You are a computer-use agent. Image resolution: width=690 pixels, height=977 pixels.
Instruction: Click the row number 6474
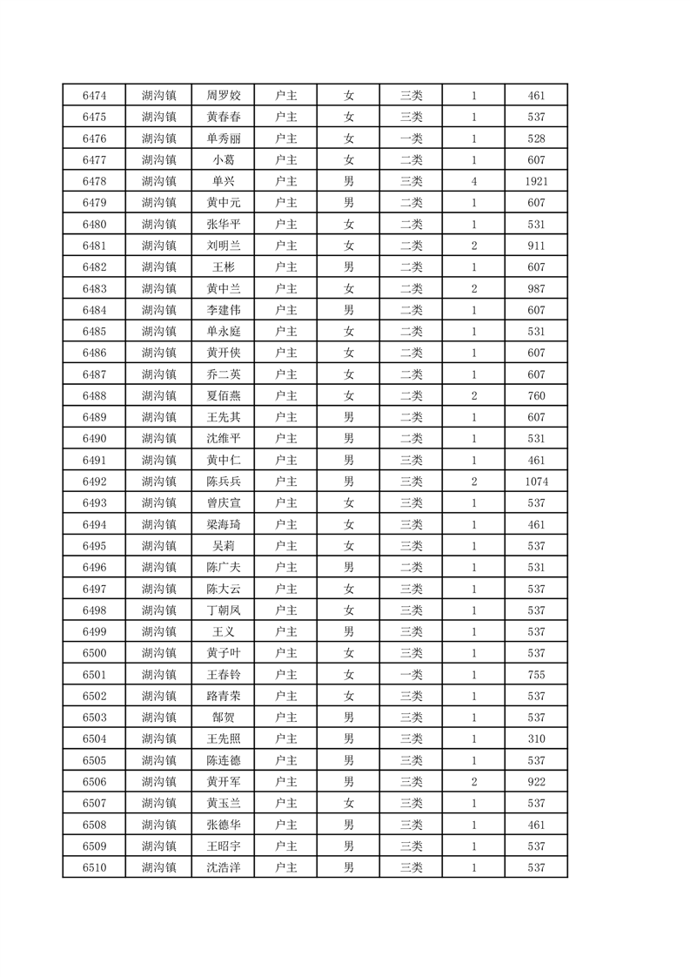tap(94, 96)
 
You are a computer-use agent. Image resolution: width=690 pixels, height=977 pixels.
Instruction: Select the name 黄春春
tap(224, 117)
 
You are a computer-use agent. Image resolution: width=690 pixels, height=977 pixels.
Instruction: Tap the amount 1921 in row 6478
tap(536, 181)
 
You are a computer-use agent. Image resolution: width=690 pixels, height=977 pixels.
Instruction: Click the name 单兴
tap(224, 181)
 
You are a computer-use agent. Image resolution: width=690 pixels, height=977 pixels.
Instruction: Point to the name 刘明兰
tap(224, 246)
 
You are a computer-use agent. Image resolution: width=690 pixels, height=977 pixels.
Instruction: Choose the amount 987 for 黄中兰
tap(536, 288)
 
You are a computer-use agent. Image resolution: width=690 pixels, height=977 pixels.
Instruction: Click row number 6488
tap(94, 395)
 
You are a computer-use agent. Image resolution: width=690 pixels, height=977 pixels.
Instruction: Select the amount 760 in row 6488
tap(536, 395)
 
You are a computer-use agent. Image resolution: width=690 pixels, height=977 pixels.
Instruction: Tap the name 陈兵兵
tap(224, 482)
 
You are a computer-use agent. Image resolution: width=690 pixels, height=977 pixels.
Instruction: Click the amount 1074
tap(536, 482)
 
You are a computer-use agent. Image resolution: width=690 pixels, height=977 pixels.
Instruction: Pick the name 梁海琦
tap(224, 524)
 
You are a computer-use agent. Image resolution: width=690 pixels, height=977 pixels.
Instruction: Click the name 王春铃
tap(224, 674)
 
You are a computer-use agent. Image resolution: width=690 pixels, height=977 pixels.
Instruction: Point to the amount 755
tap(536, 674)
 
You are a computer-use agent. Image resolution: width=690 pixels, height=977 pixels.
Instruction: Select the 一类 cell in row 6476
tap(411, 138)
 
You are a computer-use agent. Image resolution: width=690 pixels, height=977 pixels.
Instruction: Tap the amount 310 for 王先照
tap(536, 738)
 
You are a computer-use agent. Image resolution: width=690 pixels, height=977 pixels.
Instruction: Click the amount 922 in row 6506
tap(536, 781)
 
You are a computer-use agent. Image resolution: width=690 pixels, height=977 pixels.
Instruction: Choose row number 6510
tap(94, 867)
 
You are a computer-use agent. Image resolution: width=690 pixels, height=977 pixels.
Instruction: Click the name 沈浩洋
tap(224, 867)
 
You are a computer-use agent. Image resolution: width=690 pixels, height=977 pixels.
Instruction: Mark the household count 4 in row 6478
tap(474, 181)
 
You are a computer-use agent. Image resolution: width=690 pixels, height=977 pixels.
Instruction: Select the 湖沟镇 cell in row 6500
tap(159, 653)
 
